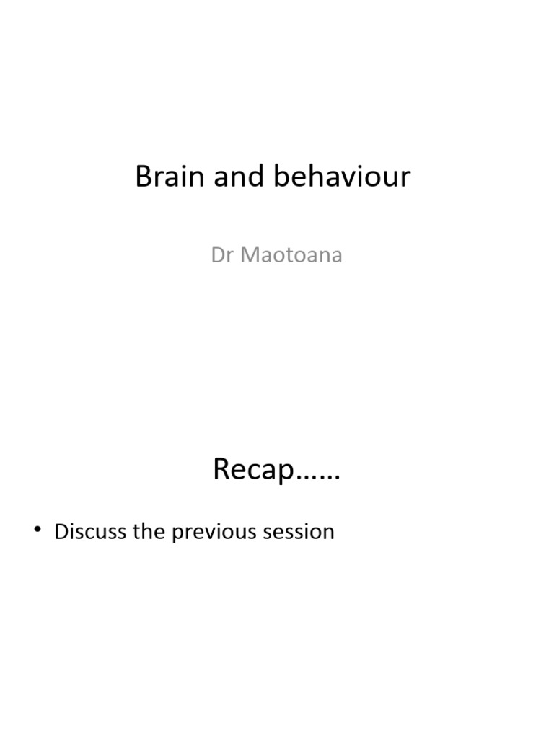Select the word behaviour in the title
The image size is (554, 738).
341,177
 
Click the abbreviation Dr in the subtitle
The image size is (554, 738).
221,256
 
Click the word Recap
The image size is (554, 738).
255,471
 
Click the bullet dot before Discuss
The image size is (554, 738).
39,532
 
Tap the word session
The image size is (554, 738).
300,533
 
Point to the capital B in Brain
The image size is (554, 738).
143,177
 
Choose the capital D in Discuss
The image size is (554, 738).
61,532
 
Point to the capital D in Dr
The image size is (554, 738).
217,256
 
